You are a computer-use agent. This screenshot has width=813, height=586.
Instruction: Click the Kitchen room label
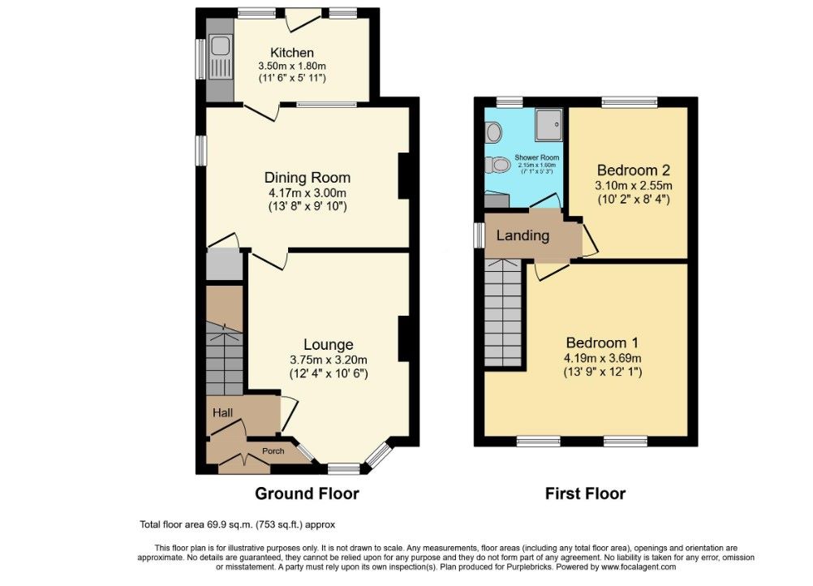[291, 53]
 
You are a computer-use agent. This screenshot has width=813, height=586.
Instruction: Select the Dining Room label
[308, 178]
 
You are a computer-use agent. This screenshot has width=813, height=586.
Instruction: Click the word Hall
[223, 413]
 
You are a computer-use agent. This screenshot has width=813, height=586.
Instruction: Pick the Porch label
[272, 451]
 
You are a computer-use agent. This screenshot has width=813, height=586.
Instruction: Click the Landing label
[523, 236]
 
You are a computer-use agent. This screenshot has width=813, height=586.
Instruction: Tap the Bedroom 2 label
[633, 170]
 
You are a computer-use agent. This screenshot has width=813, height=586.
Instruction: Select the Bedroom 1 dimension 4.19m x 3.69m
[604, 358]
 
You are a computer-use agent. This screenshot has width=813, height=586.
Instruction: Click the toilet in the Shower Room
[497, 165]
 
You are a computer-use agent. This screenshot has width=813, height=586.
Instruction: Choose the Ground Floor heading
[307, 493]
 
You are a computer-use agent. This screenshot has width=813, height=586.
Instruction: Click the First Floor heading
[585, 493]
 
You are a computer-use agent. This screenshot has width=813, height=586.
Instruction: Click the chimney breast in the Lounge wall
[403, 338]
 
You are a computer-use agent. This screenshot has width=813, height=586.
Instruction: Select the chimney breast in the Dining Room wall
[403, 176]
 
